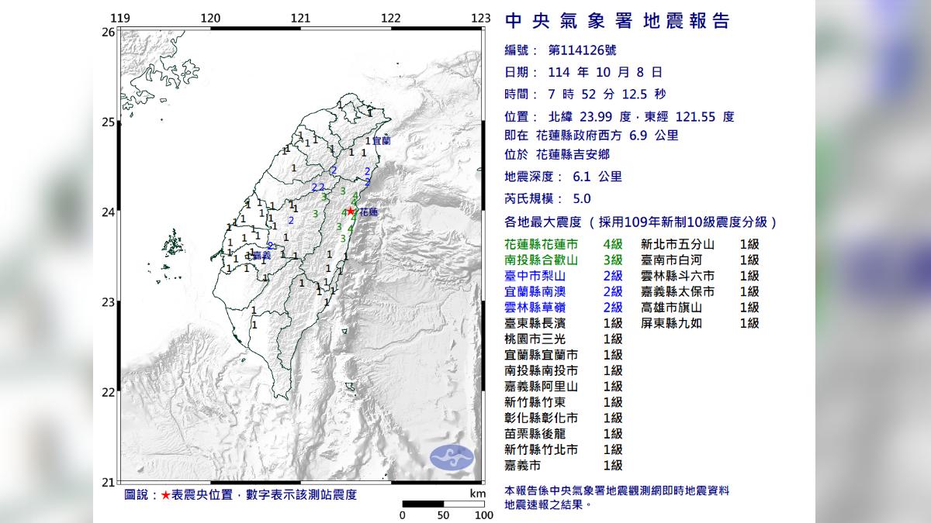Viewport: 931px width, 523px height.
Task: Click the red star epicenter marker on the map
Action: click(351, 211)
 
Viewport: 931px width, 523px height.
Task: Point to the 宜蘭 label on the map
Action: click(381, 141)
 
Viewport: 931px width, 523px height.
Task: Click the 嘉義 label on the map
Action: click(261, 254)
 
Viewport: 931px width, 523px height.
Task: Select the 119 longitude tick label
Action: click(119, 18)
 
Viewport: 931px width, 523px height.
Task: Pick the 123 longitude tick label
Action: click(481, 18)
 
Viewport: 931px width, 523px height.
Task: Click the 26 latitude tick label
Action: click(108, 32)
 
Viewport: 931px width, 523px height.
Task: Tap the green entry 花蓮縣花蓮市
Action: click(541, 244)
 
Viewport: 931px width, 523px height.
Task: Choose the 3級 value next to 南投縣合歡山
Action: click(612, 260)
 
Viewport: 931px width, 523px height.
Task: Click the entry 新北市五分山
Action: click(677, 244)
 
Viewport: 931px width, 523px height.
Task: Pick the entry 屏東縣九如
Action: click(671, 323)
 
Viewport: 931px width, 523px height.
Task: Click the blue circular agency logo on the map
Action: click(452, 456)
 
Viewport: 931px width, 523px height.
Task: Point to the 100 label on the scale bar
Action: click(484, 515)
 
